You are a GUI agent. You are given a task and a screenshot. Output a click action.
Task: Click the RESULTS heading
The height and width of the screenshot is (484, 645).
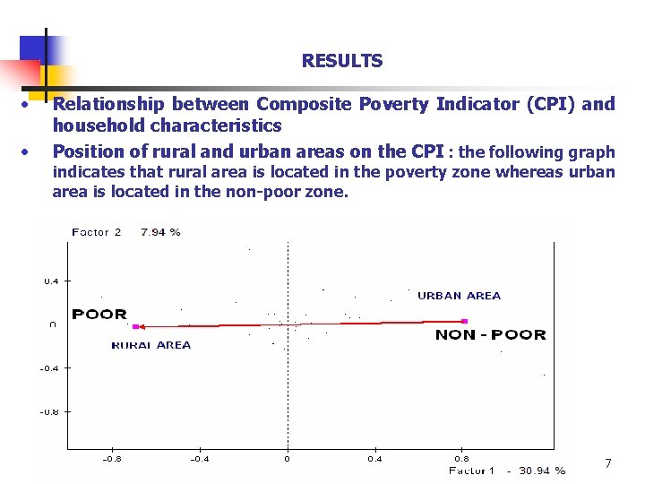tap(342, 61)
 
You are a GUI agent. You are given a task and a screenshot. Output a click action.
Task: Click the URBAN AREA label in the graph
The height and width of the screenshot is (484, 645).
tap(459, 296)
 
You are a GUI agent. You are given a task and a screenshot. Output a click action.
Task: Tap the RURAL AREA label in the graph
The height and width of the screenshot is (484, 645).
tap(150, 345)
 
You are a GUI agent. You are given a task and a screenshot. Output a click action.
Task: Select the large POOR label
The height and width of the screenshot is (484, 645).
tap(99, 314)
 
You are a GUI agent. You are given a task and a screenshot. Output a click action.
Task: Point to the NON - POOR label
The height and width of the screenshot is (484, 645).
tap(490, 334)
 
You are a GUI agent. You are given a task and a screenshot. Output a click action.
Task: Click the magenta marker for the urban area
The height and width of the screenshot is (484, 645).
tap(465, 320)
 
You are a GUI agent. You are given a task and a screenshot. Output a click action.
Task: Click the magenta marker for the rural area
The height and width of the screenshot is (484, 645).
tap(135, 327)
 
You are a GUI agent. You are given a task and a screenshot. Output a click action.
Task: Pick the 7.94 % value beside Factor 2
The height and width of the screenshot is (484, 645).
tap(160, 232)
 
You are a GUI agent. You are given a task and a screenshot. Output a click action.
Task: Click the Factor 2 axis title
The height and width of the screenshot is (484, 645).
tap(97, 232)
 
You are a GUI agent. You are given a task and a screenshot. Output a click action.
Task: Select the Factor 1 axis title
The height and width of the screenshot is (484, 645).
tap(472, 471)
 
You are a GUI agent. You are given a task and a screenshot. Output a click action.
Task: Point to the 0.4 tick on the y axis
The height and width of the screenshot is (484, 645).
tap(51, 281)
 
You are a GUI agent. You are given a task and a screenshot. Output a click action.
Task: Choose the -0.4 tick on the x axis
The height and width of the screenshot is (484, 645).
tap(199, 459)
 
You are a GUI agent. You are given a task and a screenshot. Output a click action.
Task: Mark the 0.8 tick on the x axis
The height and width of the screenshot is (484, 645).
tap(460, 459)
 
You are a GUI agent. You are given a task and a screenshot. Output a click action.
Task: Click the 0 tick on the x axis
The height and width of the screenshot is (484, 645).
tap(288, 459)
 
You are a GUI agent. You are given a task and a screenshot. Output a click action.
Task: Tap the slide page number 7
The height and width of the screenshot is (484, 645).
tap(608, 463)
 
